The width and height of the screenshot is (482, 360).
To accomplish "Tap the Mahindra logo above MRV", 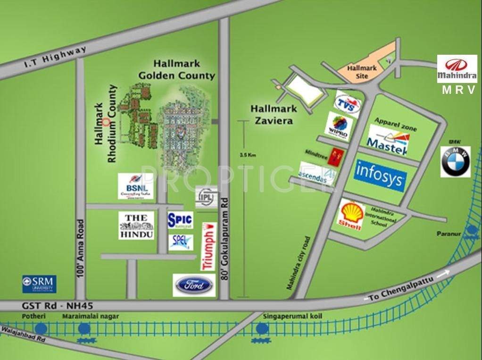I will point(457,69).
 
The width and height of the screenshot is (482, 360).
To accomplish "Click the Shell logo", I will point(350,215).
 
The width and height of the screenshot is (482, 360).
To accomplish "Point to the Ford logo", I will point(194,285).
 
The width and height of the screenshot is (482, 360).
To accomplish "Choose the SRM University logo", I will point(39,284).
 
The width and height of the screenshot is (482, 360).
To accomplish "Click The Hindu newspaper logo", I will point(136,225).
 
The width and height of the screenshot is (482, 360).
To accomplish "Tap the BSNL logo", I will point(136,186).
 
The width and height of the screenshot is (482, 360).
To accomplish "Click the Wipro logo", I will point(339,126).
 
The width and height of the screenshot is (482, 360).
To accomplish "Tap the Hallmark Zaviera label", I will point(274,114).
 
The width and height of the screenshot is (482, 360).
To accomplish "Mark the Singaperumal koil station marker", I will point(260,329).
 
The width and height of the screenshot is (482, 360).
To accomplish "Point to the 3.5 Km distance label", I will point(247,154).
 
